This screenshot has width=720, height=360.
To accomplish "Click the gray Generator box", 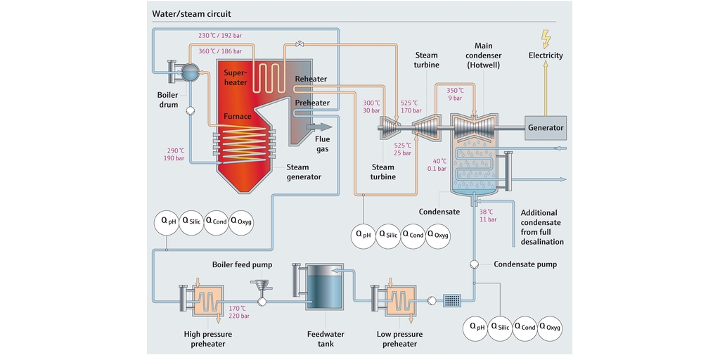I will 546,127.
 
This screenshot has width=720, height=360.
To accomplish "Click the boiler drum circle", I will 189,70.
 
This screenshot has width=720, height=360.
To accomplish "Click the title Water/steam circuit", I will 191,13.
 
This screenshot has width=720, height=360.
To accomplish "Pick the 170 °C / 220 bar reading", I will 239,311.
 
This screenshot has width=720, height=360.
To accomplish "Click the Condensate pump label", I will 525,264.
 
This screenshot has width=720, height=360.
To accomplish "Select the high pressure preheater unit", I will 205,301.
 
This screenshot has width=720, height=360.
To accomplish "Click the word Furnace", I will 238,116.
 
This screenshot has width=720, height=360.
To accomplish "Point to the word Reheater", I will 311,79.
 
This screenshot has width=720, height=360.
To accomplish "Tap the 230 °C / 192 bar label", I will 219,35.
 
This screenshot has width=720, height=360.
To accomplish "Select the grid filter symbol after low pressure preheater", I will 452,301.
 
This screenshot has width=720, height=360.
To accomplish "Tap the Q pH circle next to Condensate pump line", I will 478,327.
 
